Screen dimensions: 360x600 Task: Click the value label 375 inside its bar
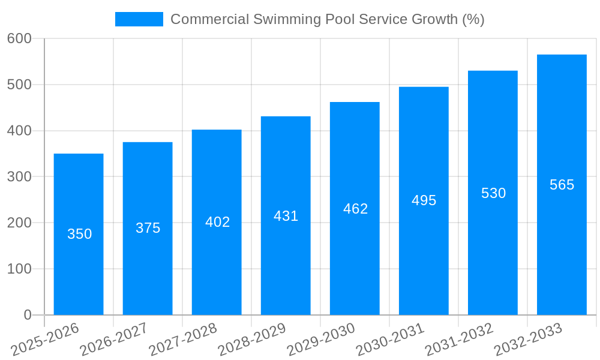148,228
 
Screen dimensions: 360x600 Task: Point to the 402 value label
217,222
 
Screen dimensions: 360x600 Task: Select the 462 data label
355,209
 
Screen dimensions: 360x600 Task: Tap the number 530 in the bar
493,193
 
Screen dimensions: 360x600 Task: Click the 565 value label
562,185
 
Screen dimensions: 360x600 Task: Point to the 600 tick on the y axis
19,38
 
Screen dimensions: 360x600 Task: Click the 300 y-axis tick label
19,177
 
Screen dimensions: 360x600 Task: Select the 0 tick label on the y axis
28,315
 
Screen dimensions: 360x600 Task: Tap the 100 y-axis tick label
19,269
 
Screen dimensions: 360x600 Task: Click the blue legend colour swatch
139,19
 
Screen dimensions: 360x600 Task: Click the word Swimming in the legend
287,19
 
